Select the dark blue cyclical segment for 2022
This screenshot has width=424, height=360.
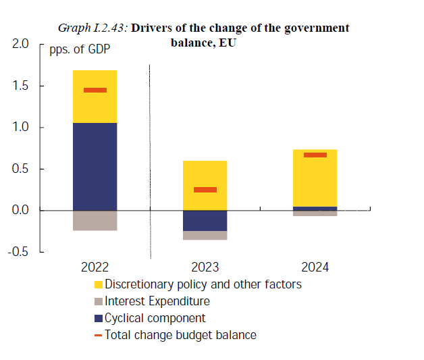point(95,166)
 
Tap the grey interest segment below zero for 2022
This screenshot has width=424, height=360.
point(95,220)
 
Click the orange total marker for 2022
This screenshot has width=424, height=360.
point(95,90)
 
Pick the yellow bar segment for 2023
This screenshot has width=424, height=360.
point(205,177)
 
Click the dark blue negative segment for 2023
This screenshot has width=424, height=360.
point(205,220)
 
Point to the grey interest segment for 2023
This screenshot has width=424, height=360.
point(205,235)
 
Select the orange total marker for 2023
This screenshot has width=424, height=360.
point(205,190)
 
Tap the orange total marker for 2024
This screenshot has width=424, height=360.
point(315,155)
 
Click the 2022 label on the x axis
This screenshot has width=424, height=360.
point(95,267)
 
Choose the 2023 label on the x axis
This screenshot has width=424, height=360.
point(205,267)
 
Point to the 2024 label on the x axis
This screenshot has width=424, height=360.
point(315,267)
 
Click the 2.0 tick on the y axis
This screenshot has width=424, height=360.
point(21,45)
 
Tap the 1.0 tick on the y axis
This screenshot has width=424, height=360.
point(21,128)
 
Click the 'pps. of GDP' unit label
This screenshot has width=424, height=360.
point(79,49)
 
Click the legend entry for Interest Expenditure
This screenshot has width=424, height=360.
point(157,301)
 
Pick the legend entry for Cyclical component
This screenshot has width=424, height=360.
point(155,318)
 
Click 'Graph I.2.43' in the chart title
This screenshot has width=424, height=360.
point(92,28)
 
